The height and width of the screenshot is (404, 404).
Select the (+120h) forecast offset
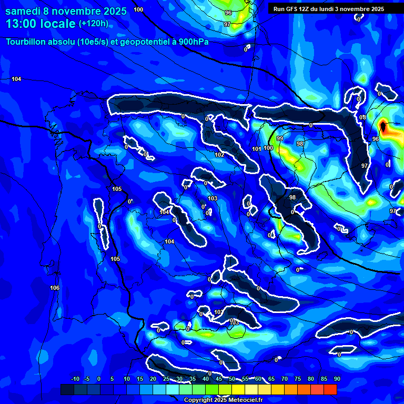(x=93, y=24)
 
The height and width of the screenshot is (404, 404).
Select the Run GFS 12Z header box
(x=328, y=9)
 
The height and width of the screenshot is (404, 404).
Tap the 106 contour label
(x=55, y=288)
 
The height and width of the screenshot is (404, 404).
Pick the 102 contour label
(x=219, y=155)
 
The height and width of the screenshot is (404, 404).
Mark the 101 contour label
(x=256, y=149)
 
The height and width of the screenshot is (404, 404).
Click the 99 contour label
(x=280, y=138)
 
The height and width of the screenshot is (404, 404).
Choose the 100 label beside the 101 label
(x=268, y=148)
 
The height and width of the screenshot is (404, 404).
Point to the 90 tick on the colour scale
(x=337, y=379)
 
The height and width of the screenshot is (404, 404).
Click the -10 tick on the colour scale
(x=75, y=379)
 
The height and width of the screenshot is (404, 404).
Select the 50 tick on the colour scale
(x=231, y=379)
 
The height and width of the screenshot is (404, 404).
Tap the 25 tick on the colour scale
(x=166, y=379)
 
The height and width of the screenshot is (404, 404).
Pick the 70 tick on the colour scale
(x=284, y=379)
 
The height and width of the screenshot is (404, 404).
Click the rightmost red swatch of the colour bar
(x=330, y=389)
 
